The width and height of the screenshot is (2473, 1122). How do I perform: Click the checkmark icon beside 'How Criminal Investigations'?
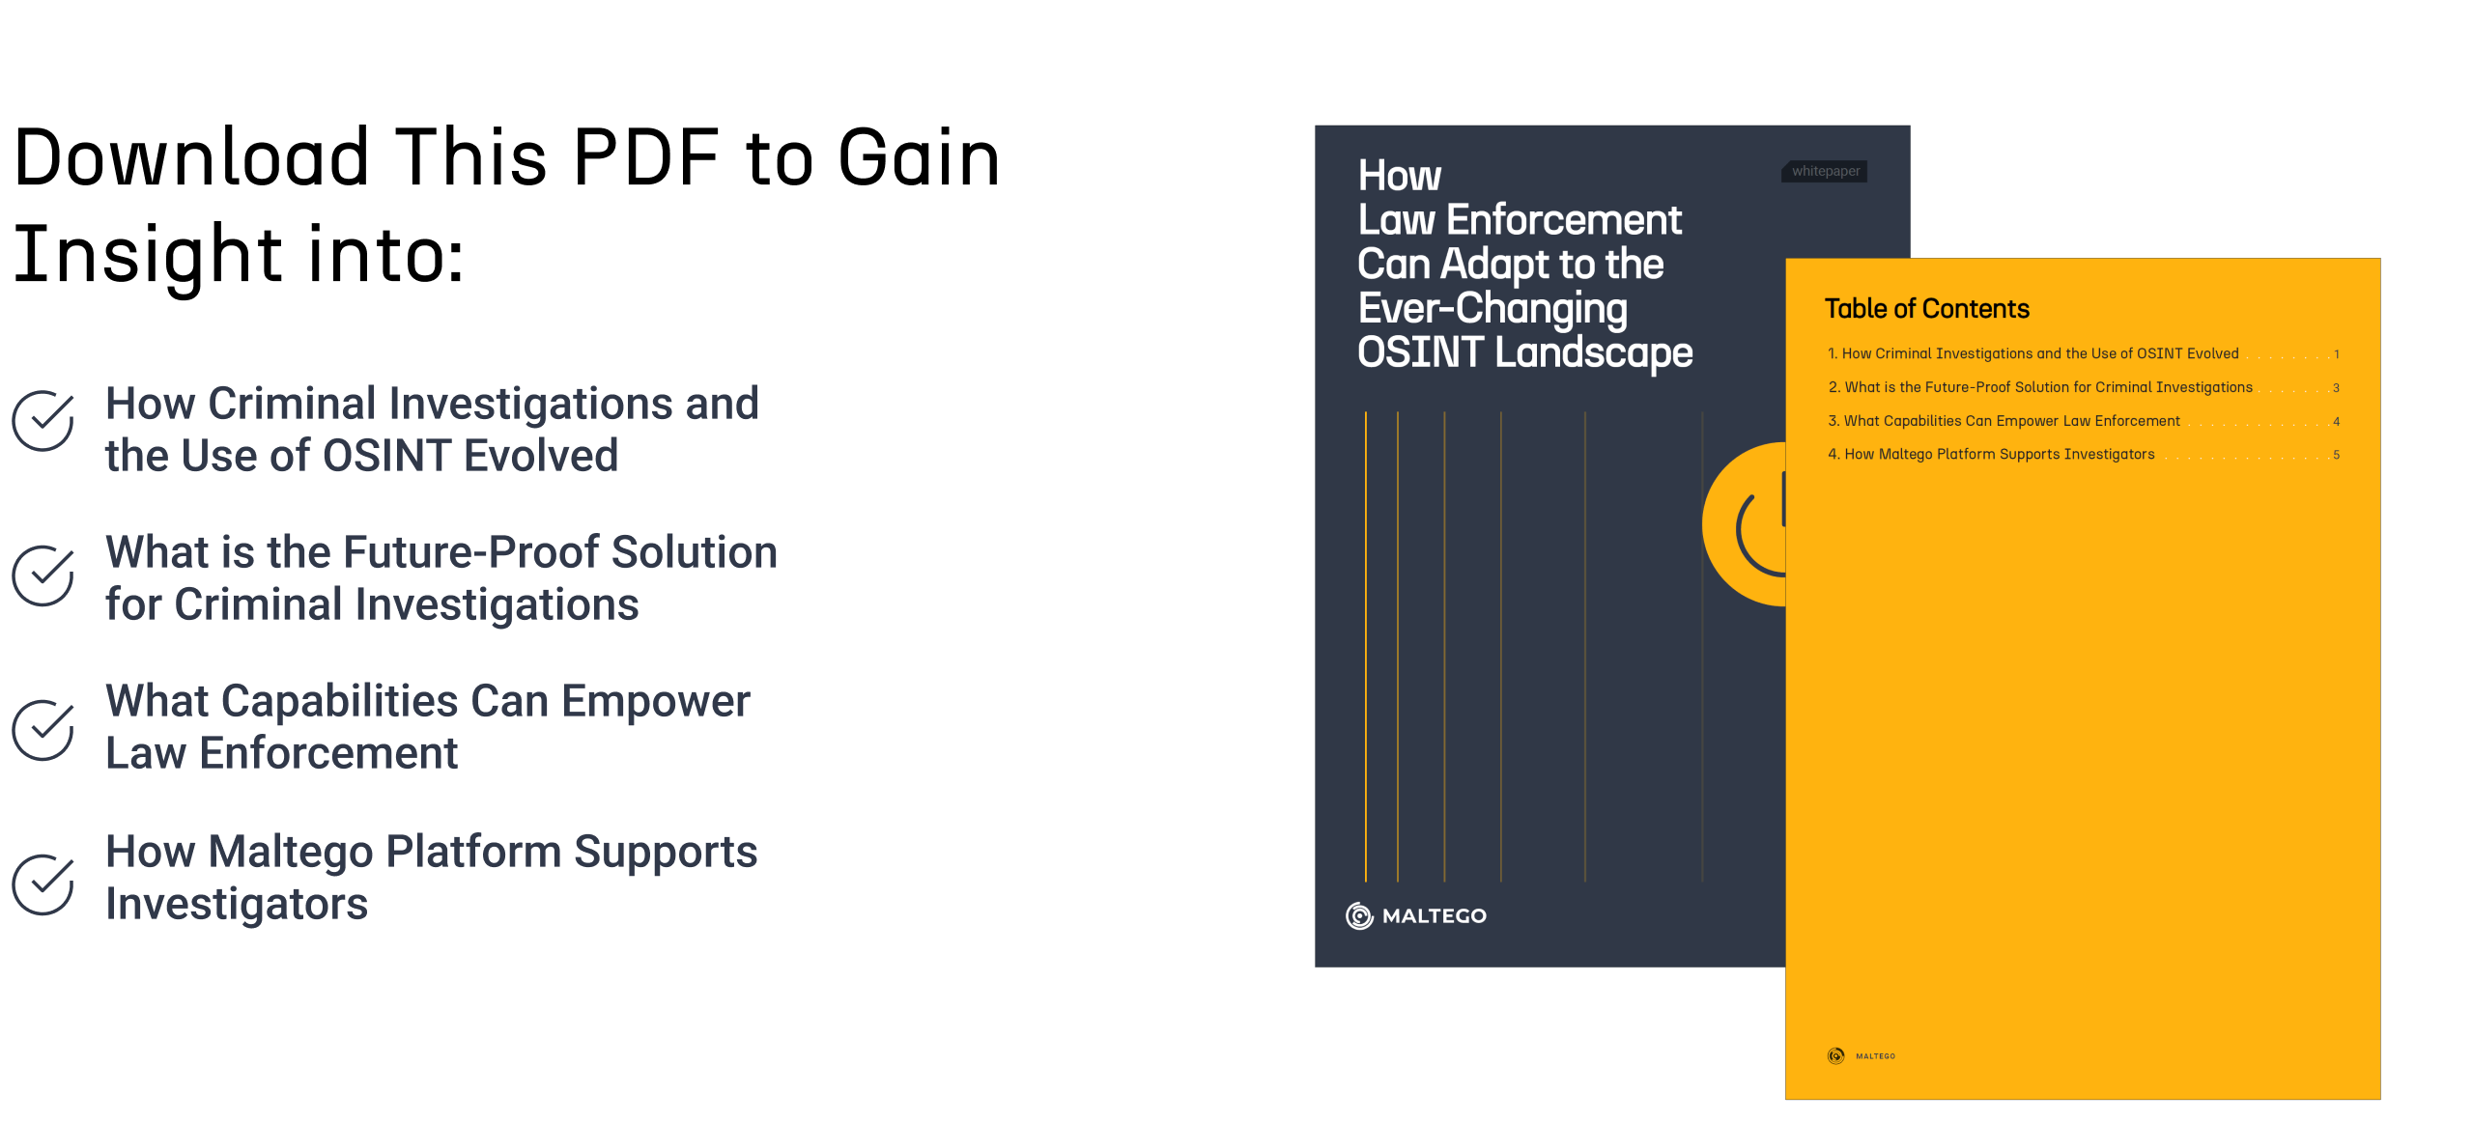pyautogui.click(x=43, y=420)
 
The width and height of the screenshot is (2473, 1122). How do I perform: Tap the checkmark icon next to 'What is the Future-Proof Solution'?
pyautogui.click(x=43, y=575)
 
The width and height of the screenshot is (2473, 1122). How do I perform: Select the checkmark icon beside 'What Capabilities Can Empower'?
pyautogui.click(x=43, y=730)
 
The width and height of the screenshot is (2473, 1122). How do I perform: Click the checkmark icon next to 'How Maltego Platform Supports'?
pyautogui.click(x=43, y=884)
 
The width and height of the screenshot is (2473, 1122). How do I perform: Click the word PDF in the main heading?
pyautogui.click(x=646, y=157)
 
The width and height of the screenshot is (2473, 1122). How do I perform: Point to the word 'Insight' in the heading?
pyautogui.click(x=148, y=255)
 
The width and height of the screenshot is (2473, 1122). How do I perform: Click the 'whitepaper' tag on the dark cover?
pyautogui.click(x=1825, y=171)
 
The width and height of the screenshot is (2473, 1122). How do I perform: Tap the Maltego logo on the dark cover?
pyautogui.click(x=1416, y=915)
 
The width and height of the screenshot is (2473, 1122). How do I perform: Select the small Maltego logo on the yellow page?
pyautogui.click(x=1862, y=1055)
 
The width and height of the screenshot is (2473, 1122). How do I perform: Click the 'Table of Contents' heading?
pyautogui.click(x=1927, y=309)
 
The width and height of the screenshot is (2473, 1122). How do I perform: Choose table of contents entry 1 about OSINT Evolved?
pyautogui.click(x=2032, y=353)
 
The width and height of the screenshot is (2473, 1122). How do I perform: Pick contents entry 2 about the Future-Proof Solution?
pyautogui.click(x=2040, y=387)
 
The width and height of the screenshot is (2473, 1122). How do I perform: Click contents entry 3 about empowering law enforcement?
pyautogui.click(x=2004, y=421)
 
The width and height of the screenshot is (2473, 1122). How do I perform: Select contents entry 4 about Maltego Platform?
pyautogui.click(x=1991, y=454)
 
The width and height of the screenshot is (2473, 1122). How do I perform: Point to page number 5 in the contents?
pyautogui.click(x=2337, y=455)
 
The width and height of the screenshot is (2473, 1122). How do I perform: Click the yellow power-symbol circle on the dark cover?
pyautogui.click(x=1745, y=524)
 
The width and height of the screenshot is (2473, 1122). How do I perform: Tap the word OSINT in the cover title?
pyautogui.click(x=1420, y=352)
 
